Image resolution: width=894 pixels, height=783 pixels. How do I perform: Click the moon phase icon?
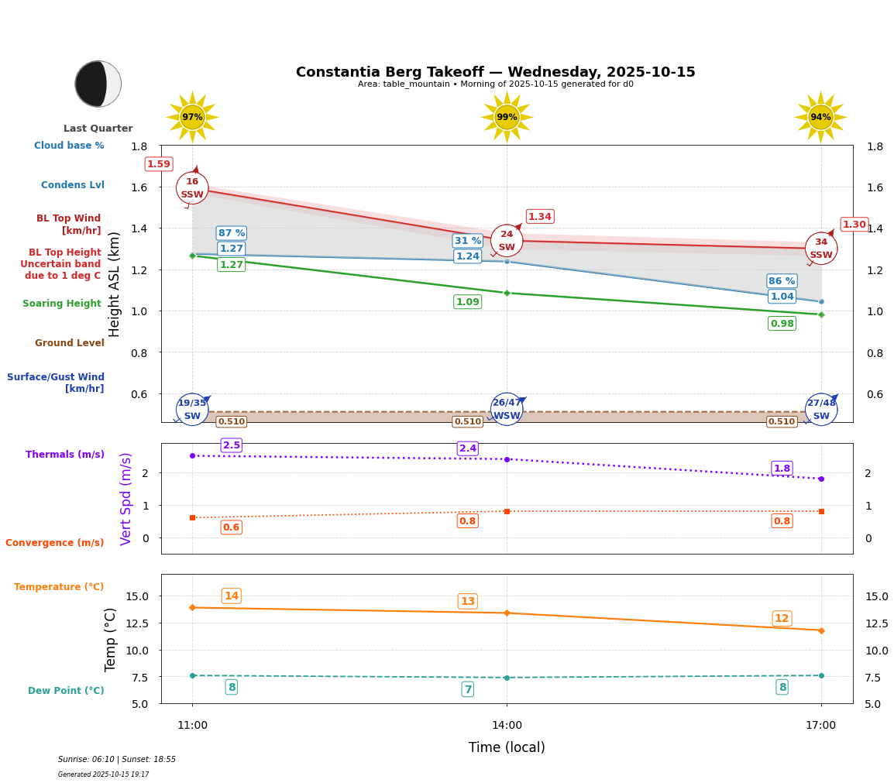click(x=98, y=84)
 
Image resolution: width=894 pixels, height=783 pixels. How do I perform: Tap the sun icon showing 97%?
click(x=192, y=117)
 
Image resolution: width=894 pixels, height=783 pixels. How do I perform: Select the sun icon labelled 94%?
click(x=820, y=117)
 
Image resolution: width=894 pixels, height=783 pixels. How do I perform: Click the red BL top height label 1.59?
click(x=159, y=164)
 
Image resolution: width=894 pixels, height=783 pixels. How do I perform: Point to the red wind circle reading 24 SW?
click(x=507, y=241)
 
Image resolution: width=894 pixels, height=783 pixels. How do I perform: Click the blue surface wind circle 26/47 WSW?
click(x=507, y=409)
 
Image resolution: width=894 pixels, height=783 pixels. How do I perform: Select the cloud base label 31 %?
click(x=468, y=241)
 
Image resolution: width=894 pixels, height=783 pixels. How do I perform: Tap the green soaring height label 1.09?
click(x=468, y=302)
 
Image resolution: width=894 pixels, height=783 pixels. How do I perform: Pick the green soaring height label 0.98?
click(x=782, y=324)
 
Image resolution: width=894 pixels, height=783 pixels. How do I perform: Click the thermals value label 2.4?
click(x=468, y=448)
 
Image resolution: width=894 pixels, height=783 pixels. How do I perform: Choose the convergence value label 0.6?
click(x=231, y=527)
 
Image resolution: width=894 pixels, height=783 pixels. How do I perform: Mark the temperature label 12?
click(x=782, y=619)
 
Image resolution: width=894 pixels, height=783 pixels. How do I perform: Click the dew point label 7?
click(x=468, y=689)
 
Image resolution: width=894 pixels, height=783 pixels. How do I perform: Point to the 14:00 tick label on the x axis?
click(x=507, y=726)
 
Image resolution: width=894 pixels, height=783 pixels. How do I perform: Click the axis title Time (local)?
click(x=507, y=747)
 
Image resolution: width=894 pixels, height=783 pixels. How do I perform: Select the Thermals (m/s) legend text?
click(x=65, y=455)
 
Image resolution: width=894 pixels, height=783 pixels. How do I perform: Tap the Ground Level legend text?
click(x=70, y=343)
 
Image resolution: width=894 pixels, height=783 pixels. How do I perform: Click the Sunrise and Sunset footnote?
click(x=117, y=760)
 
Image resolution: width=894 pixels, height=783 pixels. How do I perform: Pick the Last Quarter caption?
click(x=98, y=129)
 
